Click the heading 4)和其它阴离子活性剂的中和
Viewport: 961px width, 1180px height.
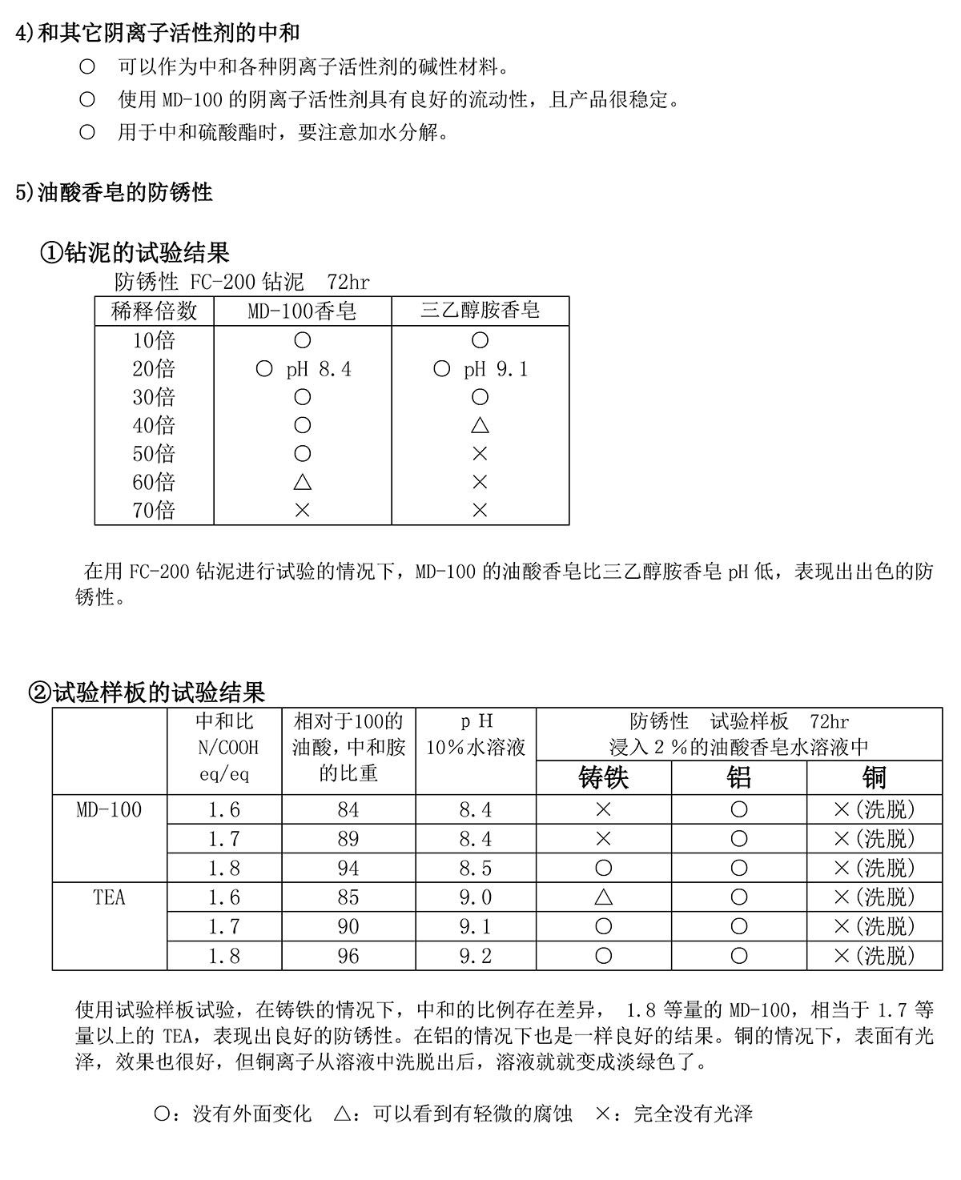(x=158, y=33)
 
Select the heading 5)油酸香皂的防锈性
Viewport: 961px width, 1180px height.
(x=114, y=192)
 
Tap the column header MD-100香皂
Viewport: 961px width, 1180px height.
(x=302, y=311)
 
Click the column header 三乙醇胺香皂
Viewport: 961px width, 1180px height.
(x=480, y=311)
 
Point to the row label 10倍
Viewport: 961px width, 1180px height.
(x=154, y=340)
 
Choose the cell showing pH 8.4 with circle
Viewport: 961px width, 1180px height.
(x=302, y=369)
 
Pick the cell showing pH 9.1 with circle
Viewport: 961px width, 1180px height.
(x=480, y=369)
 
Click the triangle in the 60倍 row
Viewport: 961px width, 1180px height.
(x=302, y=482)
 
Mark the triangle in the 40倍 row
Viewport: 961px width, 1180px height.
(x=480, y=425)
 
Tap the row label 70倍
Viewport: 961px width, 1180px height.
(x=154, y=510)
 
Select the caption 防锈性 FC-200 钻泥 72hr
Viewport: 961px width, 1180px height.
(x=242, y=282)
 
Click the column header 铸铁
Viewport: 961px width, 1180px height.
(x=604, y=777)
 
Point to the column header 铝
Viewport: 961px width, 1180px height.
(x=738, y=777)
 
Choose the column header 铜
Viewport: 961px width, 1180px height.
(x=874, y=777)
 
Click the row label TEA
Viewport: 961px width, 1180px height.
(x=110, y=897)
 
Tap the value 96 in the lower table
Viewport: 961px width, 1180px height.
(x=348, y=956)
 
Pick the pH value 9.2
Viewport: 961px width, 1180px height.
(x=476, y=956)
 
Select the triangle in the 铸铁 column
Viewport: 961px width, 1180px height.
(x=604, y=897)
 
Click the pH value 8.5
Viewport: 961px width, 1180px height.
(x=476, y=869)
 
